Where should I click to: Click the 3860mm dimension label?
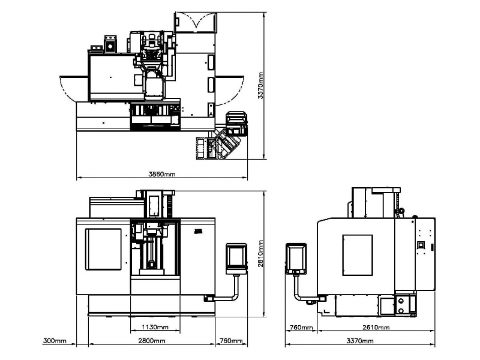162,174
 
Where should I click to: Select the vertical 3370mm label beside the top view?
260,85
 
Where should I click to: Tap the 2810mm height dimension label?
260,253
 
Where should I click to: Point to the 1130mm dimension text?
155,327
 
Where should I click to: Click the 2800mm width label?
152,340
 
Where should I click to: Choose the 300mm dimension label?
55,340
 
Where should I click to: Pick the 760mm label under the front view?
231,340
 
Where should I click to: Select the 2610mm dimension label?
376,327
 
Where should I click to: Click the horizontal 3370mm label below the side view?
359,340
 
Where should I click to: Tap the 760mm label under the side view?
301,327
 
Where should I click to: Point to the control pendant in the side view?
296,259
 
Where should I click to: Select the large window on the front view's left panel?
103,249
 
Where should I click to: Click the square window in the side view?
358,255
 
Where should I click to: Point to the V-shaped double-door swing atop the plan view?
196,22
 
